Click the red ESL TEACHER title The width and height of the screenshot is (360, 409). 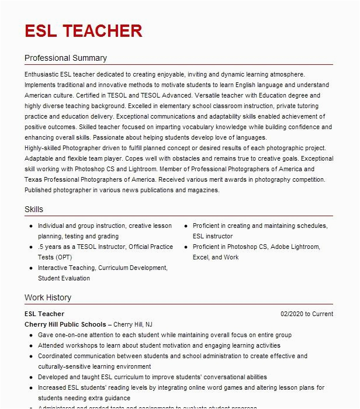[83, 30]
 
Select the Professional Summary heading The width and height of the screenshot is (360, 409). [65, 58]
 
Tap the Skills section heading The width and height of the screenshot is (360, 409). [34, 209]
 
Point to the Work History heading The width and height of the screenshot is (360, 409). [48, 297]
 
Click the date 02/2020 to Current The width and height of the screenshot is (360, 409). [306, 314]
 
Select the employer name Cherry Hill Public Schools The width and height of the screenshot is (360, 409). [65, 324]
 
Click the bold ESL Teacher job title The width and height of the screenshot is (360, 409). [44, 314]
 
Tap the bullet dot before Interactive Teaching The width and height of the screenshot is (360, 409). [30, 268]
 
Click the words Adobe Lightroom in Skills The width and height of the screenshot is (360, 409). [295, 247]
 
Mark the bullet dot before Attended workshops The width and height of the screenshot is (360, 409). [30, 346]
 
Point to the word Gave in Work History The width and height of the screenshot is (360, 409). [46, 335]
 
